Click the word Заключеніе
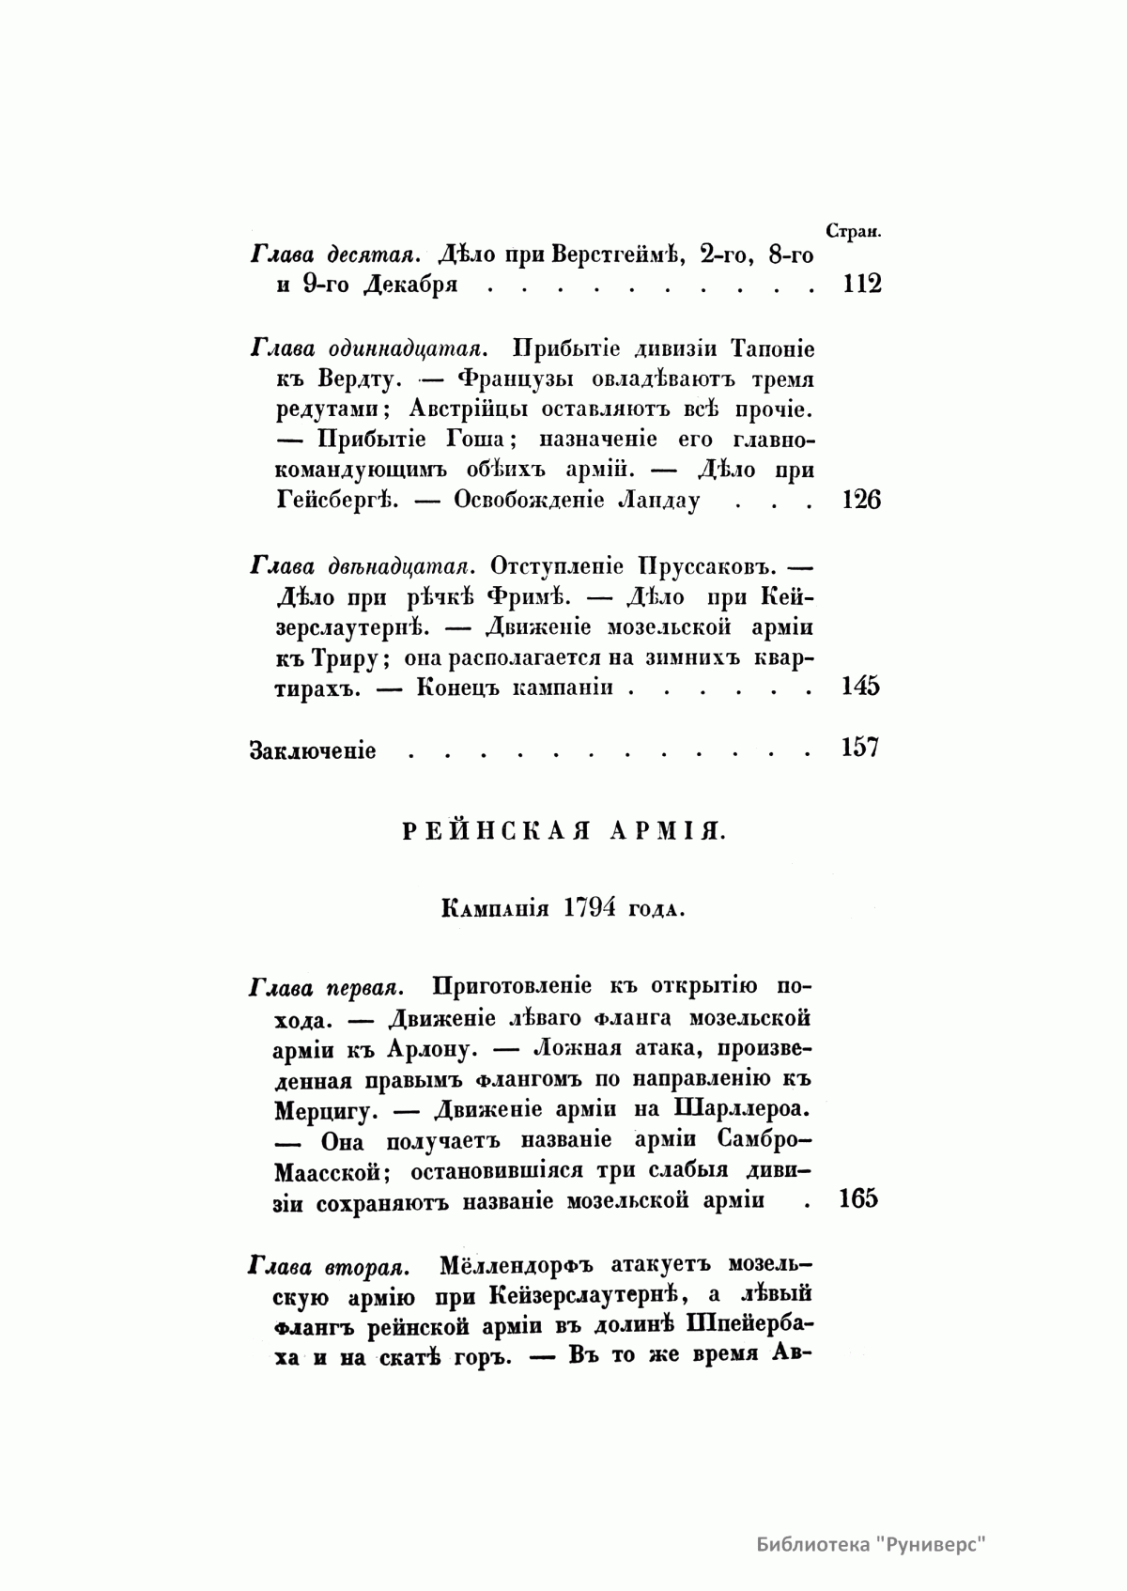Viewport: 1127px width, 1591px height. pyautogui.click(x=313, y=750)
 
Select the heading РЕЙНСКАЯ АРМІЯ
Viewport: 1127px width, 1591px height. pyautogui.click(x=563, y=830)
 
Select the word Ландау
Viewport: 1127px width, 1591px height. pyautogui.click(x=658, y=500)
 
